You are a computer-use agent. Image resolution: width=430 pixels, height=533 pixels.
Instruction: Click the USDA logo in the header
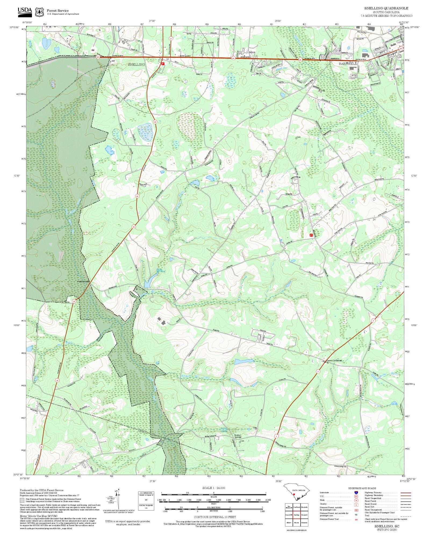(x=25, y=12)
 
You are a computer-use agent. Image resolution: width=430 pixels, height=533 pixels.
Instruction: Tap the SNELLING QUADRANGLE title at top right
(x=386, y=8)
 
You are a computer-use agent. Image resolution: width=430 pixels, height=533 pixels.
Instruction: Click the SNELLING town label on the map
(x=136, y=65)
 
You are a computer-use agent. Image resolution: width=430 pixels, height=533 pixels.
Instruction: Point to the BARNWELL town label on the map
(x=348, y=64)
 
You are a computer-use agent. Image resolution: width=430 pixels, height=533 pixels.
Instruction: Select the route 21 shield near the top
(x=171, y=39)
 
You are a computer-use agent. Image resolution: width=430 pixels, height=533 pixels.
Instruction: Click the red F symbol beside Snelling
(x=163, y=64)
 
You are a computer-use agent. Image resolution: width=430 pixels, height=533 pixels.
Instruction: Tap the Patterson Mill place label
(x=83, y=282)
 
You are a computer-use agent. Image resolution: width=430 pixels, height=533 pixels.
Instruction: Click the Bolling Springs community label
(x=238, y=436)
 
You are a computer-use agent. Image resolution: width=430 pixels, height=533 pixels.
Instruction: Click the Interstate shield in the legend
(x=356, y=493)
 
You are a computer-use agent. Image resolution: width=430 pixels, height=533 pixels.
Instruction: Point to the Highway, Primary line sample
(x=406, y=493)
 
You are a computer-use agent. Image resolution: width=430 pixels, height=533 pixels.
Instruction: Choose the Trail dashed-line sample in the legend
(x=406, y=516)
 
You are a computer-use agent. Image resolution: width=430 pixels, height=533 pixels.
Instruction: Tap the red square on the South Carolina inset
(x=294, y=494)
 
